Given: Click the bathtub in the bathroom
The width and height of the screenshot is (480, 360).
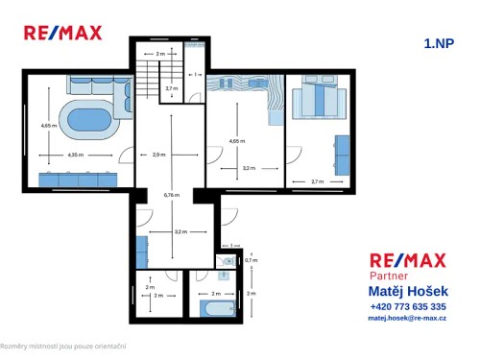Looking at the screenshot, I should pos(217,309).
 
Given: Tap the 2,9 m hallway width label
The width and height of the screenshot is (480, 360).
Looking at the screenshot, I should pos(159,154).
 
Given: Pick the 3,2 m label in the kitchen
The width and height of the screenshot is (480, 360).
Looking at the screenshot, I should pos(180,231).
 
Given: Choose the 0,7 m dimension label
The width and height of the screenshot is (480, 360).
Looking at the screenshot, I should pos(251,260).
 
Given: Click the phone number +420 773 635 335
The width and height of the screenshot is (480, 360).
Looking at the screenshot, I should pos(407,306).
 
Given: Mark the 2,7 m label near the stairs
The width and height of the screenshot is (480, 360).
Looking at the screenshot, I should pos(171,88).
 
